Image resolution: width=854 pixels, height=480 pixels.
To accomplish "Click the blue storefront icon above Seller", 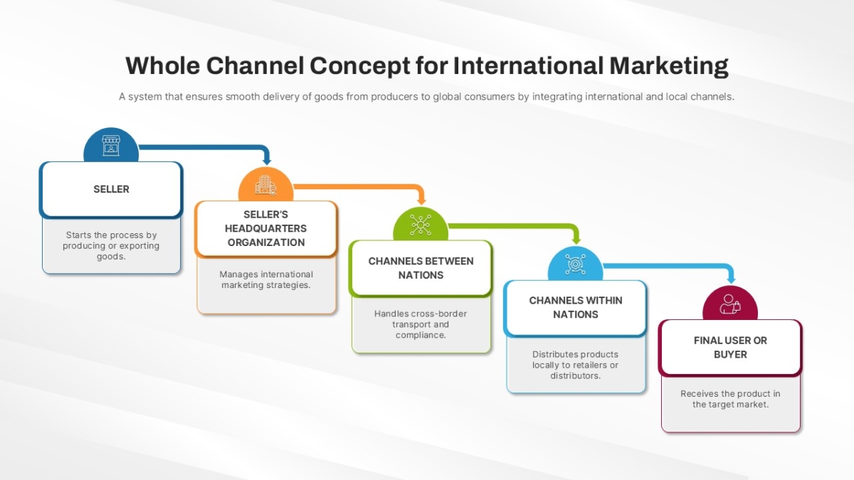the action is (x=111, y=145).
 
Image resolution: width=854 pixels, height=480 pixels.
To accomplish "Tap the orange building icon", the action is (x=265, y=185).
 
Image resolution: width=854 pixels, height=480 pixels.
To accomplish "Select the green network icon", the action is (x=421, y=225).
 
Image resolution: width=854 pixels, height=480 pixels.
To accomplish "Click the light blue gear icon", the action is (x=575, y=264).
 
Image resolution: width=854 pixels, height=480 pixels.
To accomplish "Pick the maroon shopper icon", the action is (x=730, y=304).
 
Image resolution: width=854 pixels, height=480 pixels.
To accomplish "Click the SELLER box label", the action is (x=111, y=189).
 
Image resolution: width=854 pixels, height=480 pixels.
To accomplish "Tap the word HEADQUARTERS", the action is (x=265, y=228).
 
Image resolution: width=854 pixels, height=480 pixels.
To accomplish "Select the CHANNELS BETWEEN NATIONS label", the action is (x=421, y=268).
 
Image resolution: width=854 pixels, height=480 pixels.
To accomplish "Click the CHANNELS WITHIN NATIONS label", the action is (x=576, y=307).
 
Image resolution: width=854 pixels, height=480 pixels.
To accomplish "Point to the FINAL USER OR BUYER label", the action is (x=730, y=347).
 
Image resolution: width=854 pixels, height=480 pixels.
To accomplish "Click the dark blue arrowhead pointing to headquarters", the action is (x=267, y=161).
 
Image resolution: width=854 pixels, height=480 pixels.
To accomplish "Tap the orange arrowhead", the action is (x=421, y=201).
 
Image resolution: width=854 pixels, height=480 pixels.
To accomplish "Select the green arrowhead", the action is (x=576, y=240).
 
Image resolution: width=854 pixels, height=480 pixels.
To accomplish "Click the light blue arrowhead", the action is (x=732, y=279).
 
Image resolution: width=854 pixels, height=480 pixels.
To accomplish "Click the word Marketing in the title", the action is (x=669, y=66).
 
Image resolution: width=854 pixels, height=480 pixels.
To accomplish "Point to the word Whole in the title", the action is (x=163, y=65).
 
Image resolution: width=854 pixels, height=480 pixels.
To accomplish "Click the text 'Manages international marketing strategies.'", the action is (x=266, y=279).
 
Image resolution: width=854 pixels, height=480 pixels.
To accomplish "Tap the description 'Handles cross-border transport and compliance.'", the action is (x=421, y=324).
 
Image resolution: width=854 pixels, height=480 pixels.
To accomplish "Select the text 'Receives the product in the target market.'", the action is (x=730, y=399).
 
